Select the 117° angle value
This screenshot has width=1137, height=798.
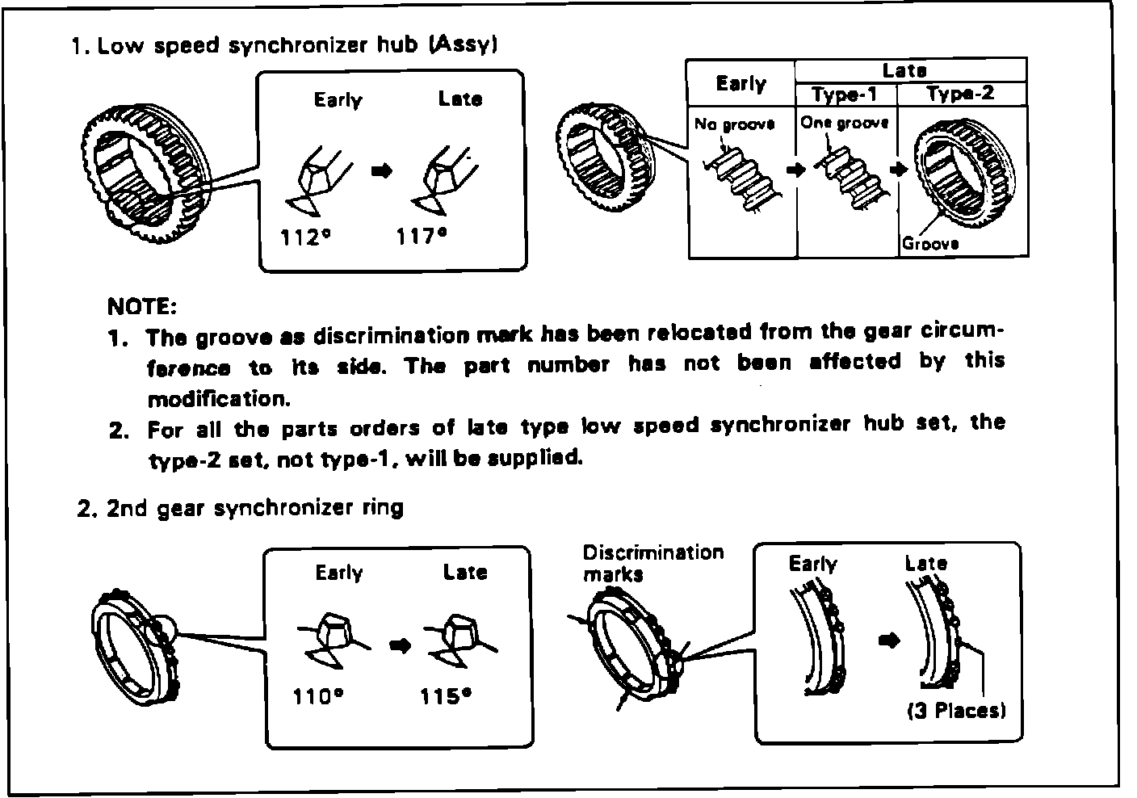click(x=422, y=237)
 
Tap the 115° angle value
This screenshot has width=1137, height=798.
click(x=446, y=696)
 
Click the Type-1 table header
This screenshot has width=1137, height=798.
click(x=845, y=94)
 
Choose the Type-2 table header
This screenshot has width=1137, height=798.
click(x=961, y=94)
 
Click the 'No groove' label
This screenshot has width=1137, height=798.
click(x=734, y=124)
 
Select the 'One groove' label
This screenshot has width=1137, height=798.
click(x=845, y=123)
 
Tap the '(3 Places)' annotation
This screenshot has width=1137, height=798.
click(x=957, y=712)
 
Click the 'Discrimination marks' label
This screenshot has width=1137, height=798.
click(x=653, y=563)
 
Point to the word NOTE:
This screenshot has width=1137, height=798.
click(x=141, y=307)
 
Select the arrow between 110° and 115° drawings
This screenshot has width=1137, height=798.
click(x=400, y=645)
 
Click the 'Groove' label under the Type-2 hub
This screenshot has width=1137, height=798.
click(x=930, y=243)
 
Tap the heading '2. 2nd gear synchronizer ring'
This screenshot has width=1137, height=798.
click(x=240, y=509)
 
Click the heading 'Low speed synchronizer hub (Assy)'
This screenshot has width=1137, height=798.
click(x=296, y=45)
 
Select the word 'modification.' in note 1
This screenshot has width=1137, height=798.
click(x=218, y=399)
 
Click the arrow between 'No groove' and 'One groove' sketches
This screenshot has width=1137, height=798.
click(x=797, y=170)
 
